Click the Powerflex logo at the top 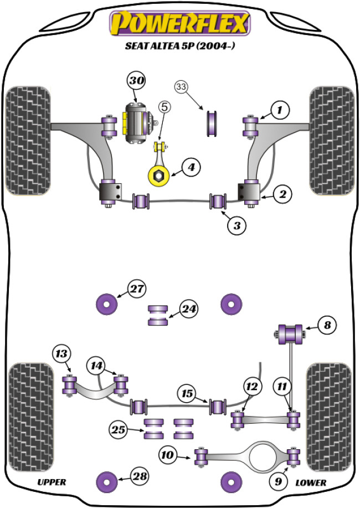(x=180, y=24)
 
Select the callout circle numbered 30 (x=137, y=81)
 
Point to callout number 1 (x=280, y=110)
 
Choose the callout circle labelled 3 (x=236, y=225)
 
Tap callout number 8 (x=327, y=325)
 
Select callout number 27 (x=137, y=289)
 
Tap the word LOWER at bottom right (x=311, y=482)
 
